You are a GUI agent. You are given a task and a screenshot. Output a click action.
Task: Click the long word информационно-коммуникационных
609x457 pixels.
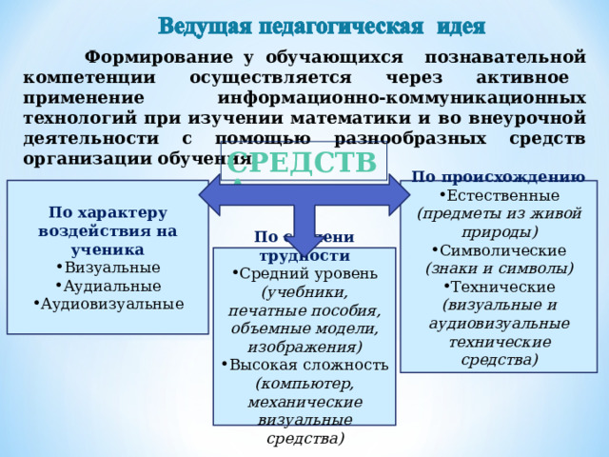(x=401, y=97)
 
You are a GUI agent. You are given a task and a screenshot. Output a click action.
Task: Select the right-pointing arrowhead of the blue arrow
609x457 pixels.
(x=398, y=193)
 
